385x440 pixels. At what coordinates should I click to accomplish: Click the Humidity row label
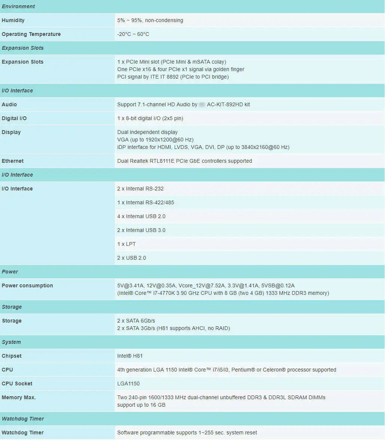click(13, 20)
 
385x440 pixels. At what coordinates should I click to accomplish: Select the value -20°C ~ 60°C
click(133, 34)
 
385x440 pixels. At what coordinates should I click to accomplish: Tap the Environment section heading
click(18, 6)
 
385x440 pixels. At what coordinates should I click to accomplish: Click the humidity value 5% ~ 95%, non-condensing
click(150, 20)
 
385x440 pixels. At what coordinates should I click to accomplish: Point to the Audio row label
click(9, 104)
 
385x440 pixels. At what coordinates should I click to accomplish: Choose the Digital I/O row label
click(14, 118)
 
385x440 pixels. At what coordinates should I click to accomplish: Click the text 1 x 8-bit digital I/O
click(150, 118)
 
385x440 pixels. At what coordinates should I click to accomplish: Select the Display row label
click(11, 132)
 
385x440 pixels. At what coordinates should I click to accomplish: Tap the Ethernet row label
click(13, 161)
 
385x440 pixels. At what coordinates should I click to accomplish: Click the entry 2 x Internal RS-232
click(140, 189)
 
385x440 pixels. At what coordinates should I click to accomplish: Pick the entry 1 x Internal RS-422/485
click(146, 202)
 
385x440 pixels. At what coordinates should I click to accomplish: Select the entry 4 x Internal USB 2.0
click(141, 216)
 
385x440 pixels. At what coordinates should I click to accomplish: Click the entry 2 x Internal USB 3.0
click(141, 230)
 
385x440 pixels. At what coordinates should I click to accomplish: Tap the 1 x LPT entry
click(126, 244)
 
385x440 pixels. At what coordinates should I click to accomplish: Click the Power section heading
click(10, 272)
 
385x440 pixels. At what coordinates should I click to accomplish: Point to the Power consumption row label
click(27, 285)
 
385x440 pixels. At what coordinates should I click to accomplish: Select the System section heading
click(11, 342)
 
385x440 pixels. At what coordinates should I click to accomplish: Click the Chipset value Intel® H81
click(130, 356)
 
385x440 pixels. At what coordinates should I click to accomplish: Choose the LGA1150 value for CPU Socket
click(128, 384)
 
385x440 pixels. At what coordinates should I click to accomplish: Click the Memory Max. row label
click(19, 397)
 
